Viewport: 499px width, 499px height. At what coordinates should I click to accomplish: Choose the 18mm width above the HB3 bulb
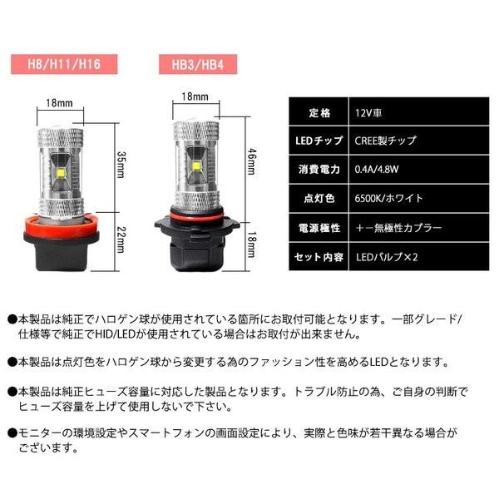tap(193, 97)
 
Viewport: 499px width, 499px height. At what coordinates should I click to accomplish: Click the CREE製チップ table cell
tap(384, 140)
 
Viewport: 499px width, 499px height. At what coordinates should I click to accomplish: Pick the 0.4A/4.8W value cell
tap(378, 169)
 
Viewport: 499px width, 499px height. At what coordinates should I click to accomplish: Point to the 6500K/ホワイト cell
tap(388, 197)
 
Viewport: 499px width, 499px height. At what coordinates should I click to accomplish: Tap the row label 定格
tap(319, 110)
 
